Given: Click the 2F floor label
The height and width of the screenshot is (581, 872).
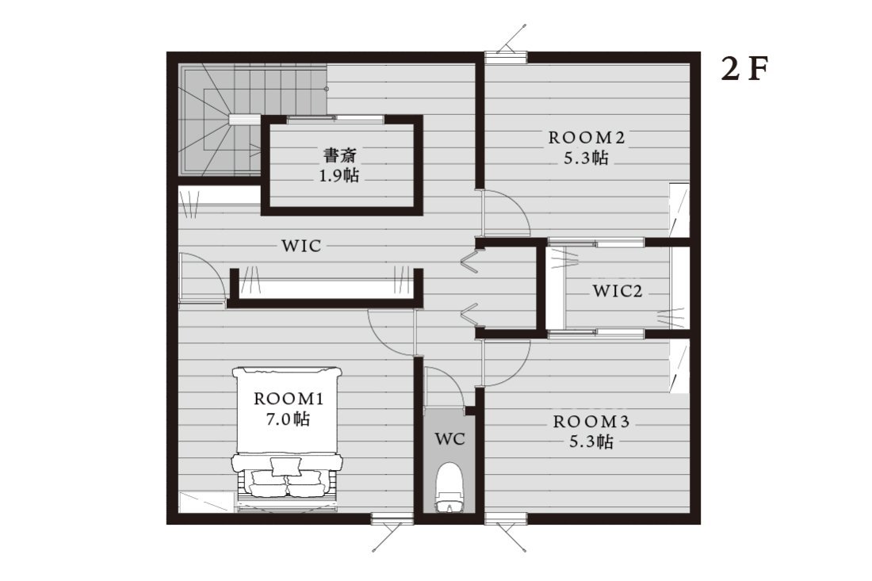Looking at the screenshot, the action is point(744,70).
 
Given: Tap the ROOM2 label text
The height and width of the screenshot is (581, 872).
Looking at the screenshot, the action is point(587,138).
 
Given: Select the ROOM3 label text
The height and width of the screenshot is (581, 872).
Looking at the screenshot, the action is point(591,422).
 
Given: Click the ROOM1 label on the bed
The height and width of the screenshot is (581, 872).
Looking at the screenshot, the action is point(288,399).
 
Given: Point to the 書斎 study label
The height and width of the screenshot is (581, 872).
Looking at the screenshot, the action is point(340,155).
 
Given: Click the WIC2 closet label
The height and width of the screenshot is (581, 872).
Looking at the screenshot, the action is point(618,291).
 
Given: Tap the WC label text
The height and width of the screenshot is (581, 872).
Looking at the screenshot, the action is point(449,439).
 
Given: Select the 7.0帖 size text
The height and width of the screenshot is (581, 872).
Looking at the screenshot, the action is point(288,419).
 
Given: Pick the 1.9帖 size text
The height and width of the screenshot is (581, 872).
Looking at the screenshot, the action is point(338,176).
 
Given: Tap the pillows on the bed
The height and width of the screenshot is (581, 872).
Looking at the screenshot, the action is point(287,476).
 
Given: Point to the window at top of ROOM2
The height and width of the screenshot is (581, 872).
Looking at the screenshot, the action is point(505,57).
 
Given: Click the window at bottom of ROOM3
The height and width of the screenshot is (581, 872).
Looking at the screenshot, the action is point(505,518).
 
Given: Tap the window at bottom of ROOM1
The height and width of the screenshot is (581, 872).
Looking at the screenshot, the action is point(392,518).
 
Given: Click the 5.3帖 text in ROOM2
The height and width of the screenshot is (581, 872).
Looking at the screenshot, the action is point(587,159).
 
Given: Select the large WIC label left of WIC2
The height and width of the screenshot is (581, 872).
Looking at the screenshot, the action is point(301,246).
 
